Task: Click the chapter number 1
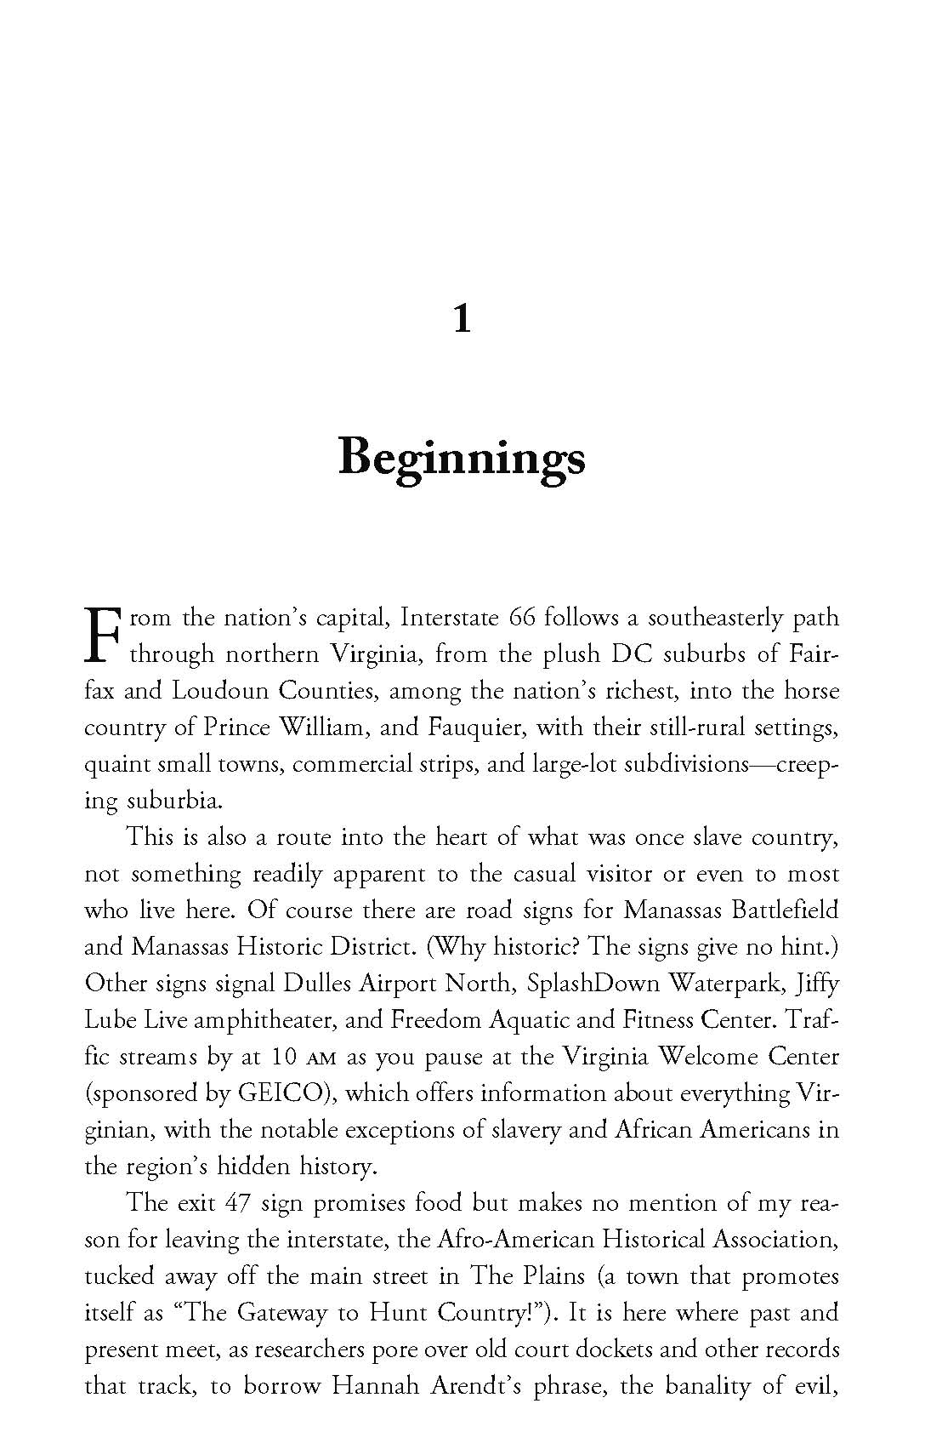[x=462, y=319]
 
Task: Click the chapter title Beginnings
[x=462, y=459]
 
